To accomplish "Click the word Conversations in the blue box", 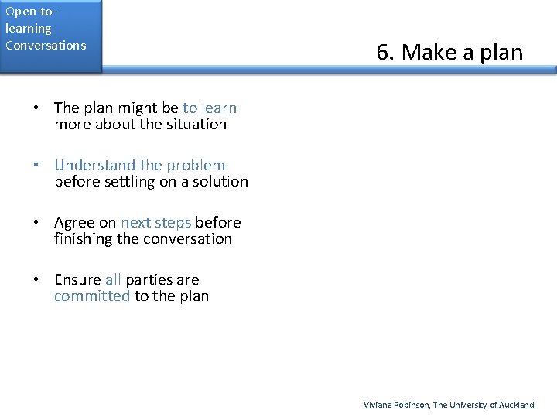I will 46,45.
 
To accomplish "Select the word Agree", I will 74,222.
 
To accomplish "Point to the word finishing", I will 83,238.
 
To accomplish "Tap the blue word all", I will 113,279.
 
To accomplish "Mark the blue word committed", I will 92,296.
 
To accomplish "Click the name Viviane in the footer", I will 378,405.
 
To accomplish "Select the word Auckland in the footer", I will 516,405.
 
